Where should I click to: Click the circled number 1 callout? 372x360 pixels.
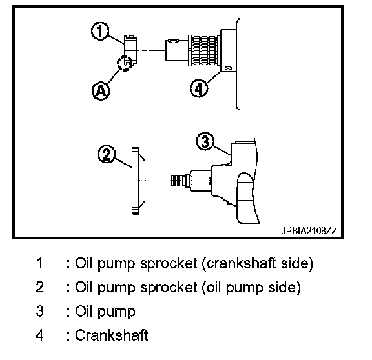[100, 31]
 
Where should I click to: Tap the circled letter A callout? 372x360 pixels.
[101, 91]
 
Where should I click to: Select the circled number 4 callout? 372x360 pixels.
[199, 88]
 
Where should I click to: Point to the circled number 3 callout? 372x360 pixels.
[205, 141]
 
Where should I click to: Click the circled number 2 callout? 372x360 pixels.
[107, 154]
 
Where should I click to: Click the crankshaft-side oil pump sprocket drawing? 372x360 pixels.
[130, 50]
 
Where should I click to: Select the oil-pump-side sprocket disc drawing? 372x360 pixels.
[138, 181]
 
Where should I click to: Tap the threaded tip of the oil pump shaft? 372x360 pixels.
[177, 181]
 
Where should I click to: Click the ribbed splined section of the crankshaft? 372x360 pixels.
[205, 50]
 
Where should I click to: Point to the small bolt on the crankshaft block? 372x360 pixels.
[228, 68]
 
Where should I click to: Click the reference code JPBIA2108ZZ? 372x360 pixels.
[309, 230]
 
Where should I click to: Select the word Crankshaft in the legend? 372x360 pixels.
[112, 335]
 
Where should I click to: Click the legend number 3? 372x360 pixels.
[40, 311]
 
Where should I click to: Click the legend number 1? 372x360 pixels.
[40, 263]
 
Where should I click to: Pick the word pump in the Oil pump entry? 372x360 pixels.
[116, 312]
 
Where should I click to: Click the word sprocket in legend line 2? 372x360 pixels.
[168, 287]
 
